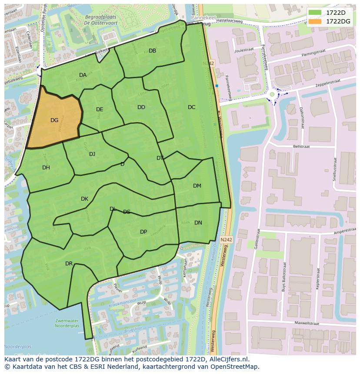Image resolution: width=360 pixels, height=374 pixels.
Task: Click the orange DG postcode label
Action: point(54,120)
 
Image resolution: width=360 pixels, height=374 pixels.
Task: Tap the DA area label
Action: point(83,75)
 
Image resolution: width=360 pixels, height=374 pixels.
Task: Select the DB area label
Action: point(153,51)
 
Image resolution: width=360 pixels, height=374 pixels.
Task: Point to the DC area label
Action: point(192,107)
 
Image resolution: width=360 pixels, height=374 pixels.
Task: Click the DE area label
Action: point(100,109)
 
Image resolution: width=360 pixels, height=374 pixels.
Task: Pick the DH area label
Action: point(46,168)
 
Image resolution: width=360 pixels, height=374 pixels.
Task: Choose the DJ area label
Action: point(92,154)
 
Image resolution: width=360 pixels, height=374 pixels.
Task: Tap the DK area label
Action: point(84,199)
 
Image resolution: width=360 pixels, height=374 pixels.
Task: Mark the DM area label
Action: point(197,186)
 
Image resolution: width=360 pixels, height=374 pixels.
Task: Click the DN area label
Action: point(198,223)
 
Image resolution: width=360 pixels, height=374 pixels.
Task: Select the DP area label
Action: point(143,232)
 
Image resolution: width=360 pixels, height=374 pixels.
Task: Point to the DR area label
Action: point(69,264)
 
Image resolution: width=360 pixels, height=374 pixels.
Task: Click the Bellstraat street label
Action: point(301,147)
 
